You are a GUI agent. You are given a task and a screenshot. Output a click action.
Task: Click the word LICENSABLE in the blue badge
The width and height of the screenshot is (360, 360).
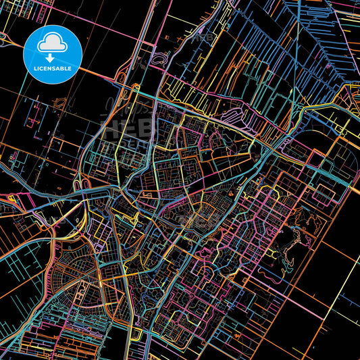[x=52, y=69]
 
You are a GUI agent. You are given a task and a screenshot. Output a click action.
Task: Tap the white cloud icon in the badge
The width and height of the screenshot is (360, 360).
[x=52, y=44]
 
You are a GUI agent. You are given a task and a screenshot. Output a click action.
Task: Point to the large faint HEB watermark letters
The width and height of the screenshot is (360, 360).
[x=125, y=128]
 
